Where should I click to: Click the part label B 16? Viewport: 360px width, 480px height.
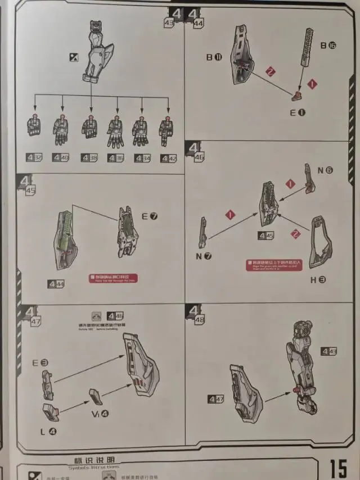tap(328, 46)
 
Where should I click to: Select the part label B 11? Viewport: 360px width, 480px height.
tap(214, 57)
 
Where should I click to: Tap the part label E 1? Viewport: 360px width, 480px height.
tap(298, 112)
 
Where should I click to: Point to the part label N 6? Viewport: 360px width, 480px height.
tap(325, 170)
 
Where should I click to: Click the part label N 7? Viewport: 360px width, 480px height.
tap(204, 257)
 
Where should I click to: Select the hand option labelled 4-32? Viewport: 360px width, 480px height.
tap(34, 158)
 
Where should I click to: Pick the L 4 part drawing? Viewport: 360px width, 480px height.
tap(51, 412)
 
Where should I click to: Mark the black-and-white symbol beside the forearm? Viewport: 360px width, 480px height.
tap(74, 56)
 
